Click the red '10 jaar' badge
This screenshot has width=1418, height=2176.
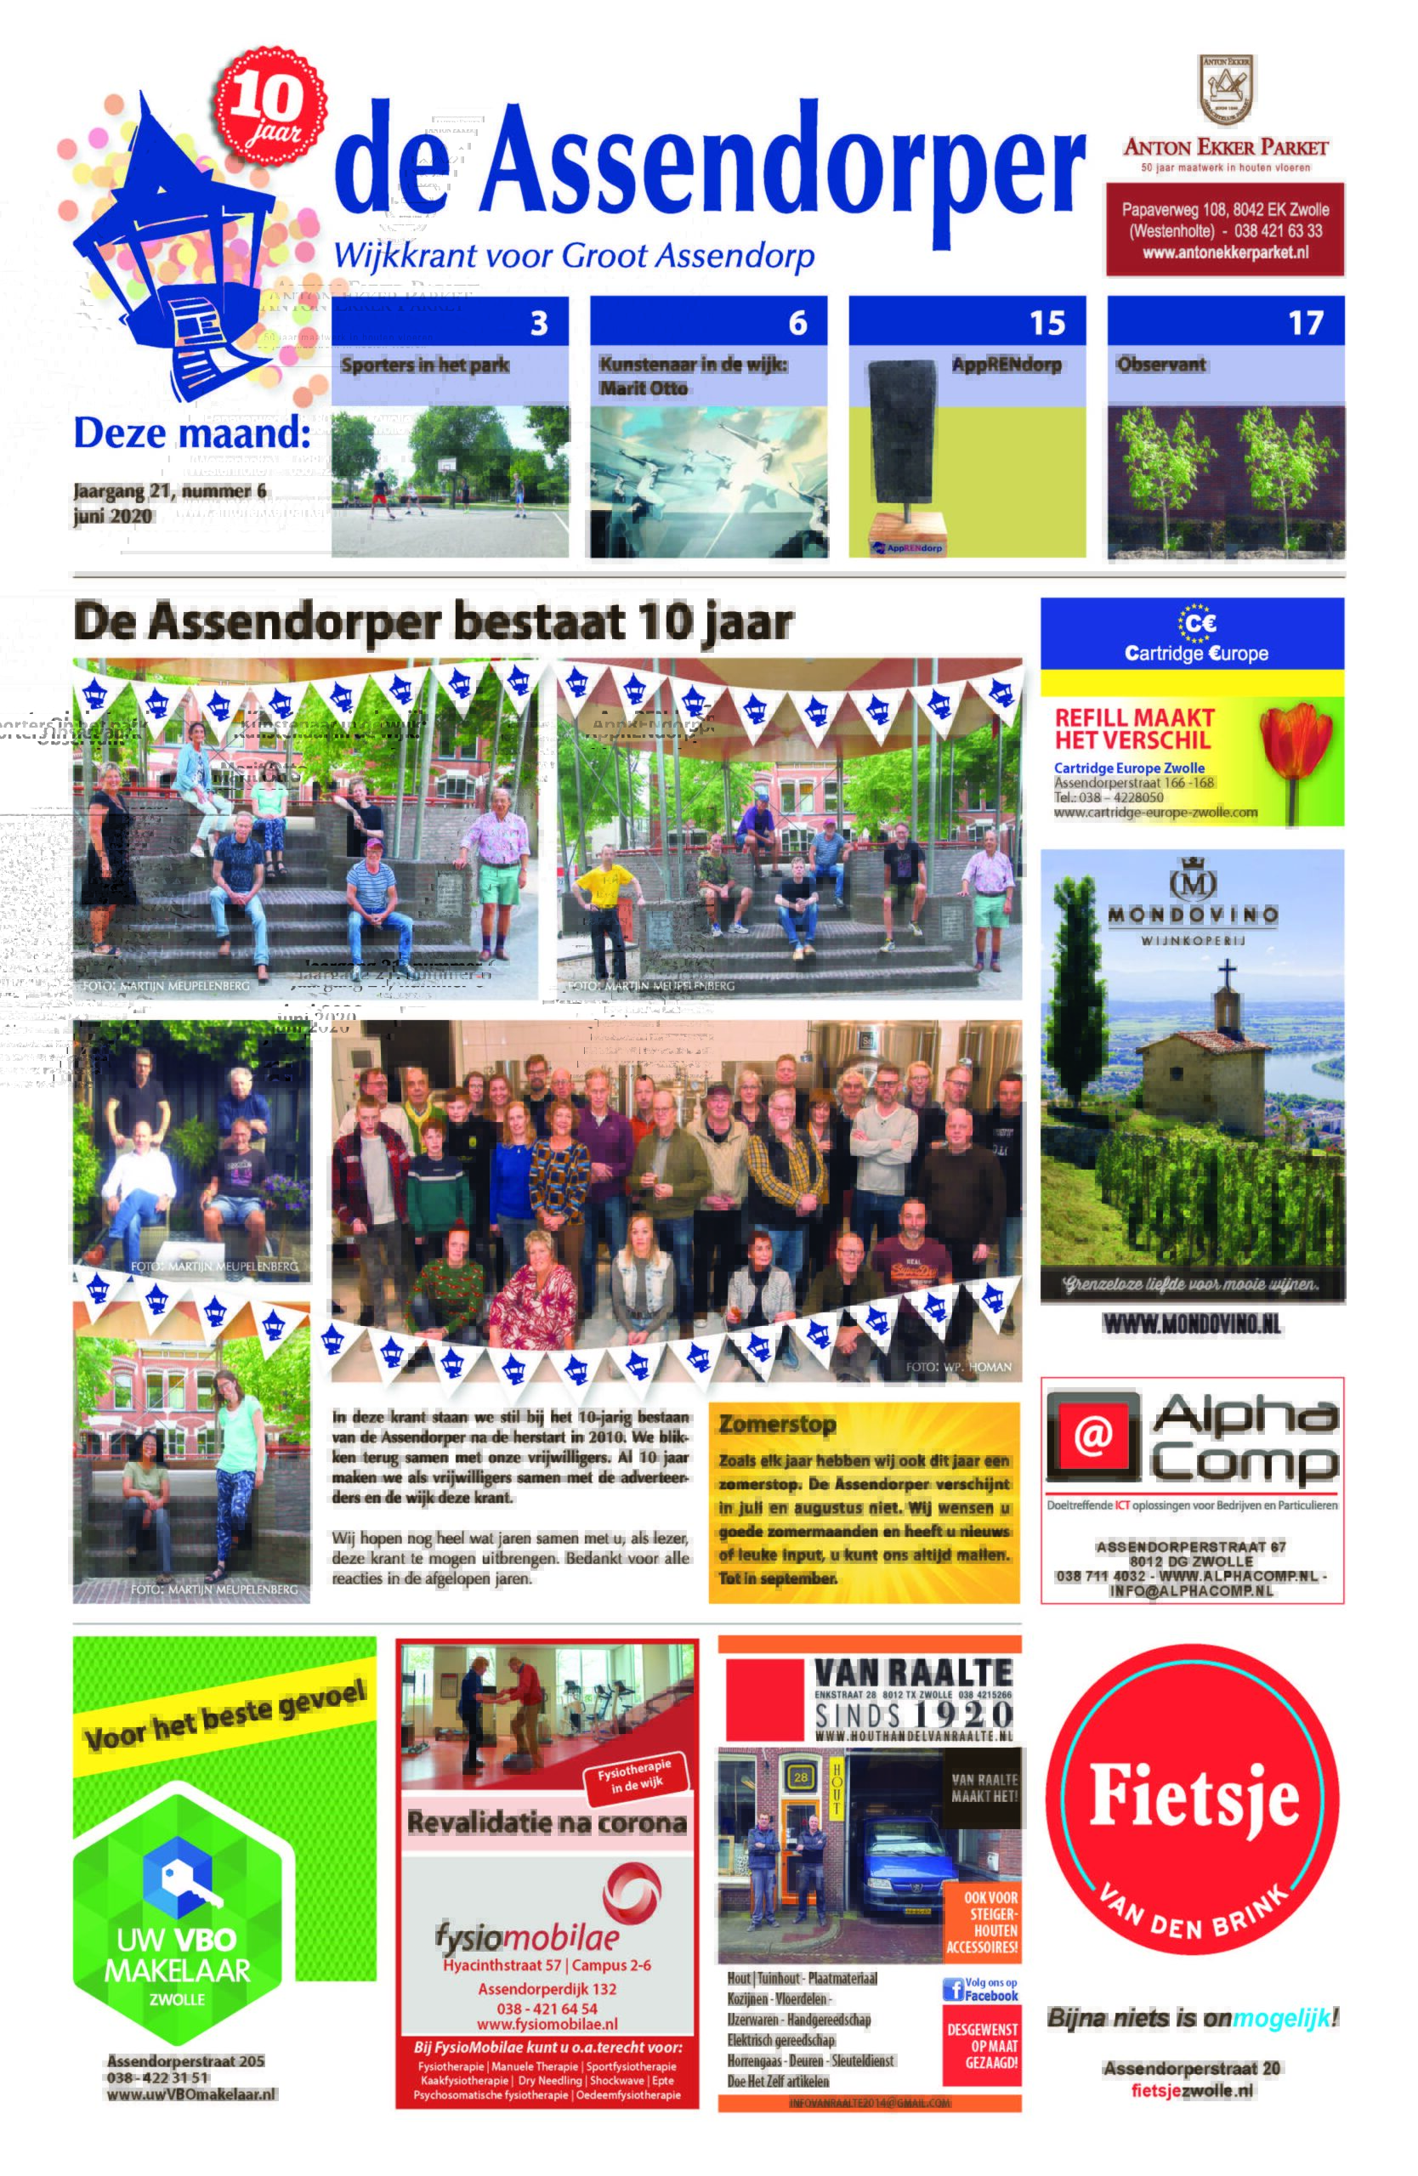click(x=269, y=104)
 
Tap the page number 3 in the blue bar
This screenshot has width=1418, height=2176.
click(x=538, y=323)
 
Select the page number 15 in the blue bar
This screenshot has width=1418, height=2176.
click(x=1046, y=323)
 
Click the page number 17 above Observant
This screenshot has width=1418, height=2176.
click(x=1305, y=323)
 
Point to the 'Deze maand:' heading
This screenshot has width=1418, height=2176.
click(x=192, y=433)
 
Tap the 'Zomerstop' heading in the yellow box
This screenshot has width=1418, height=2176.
click(x=777, y=1424)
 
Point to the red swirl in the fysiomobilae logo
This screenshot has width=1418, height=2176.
click(x=632, y=1893)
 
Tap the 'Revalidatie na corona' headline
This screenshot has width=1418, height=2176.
click(x=546, y=1823)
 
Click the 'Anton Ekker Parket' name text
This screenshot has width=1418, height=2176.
click(x=1224, y=147)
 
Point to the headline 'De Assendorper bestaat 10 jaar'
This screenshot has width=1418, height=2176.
click(x=433, y=623)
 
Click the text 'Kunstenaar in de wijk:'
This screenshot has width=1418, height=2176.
click(x=693, y=365)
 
